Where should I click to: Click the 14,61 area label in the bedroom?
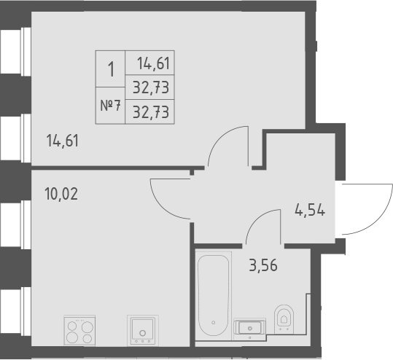pos(62,141)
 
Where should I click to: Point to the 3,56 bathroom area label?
pos(263,265)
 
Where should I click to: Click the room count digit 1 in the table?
pos(111,71)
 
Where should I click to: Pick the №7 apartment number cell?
pos(111,106)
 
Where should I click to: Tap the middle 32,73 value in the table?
pos(153,87)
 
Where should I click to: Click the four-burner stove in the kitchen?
pos(79,330)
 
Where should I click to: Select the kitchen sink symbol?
pos(142,329)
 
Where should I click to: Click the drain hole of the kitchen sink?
pos(143,336)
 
